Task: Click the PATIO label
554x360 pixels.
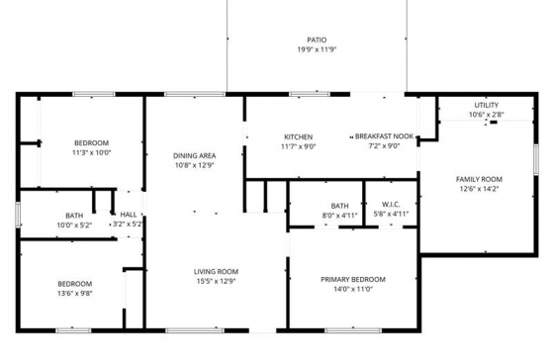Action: [x=317, y=40]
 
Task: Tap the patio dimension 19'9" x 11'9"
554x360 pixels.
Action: [x=317, y=49]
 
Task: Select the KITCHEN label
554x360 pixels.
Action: [x=299, y=137]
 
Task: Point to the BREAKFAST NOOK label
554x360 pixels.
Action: [x=384, y=136]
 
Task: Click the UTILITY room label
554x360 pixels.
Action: [x=486, y=105]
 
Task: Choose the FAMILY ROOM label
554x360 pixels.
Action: [x=479, y=179]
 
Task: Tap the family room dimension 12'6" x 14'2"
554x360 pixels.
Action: [x=479, y=189]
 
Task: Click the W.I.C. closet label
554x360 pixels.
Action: [x=391, y=205]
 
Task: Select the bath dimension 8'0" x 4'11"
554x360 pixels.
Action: [x=339, y=215]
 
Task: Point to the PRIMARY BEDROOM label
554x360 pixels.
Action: [x=353, y=280]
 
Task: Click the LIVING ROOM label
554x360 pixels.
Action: [x=216, y=272]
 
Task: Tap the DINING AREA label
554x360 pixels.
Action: [x=194, y=156]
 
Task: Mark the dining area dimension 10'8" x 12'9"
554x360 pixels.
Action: [x=195, y=165]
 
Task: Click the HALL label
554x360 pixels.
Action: [x=129, y=215]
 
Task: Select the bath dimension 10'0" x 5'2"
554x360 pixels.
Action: [x=74, y=225]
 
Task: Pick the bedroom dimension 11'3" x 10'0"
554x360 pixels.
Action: [x=91, y=153]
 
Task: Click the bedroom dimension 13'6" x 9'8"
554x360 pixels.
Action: [x=75, y=293]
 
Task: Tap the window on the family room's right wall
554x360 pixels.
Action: [x=536, y=159]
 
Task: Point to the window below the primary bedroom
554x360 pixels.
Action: [x=353, y=330]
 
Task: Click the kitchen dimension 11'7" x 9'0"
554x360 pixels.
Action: [x=299, y=146]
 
